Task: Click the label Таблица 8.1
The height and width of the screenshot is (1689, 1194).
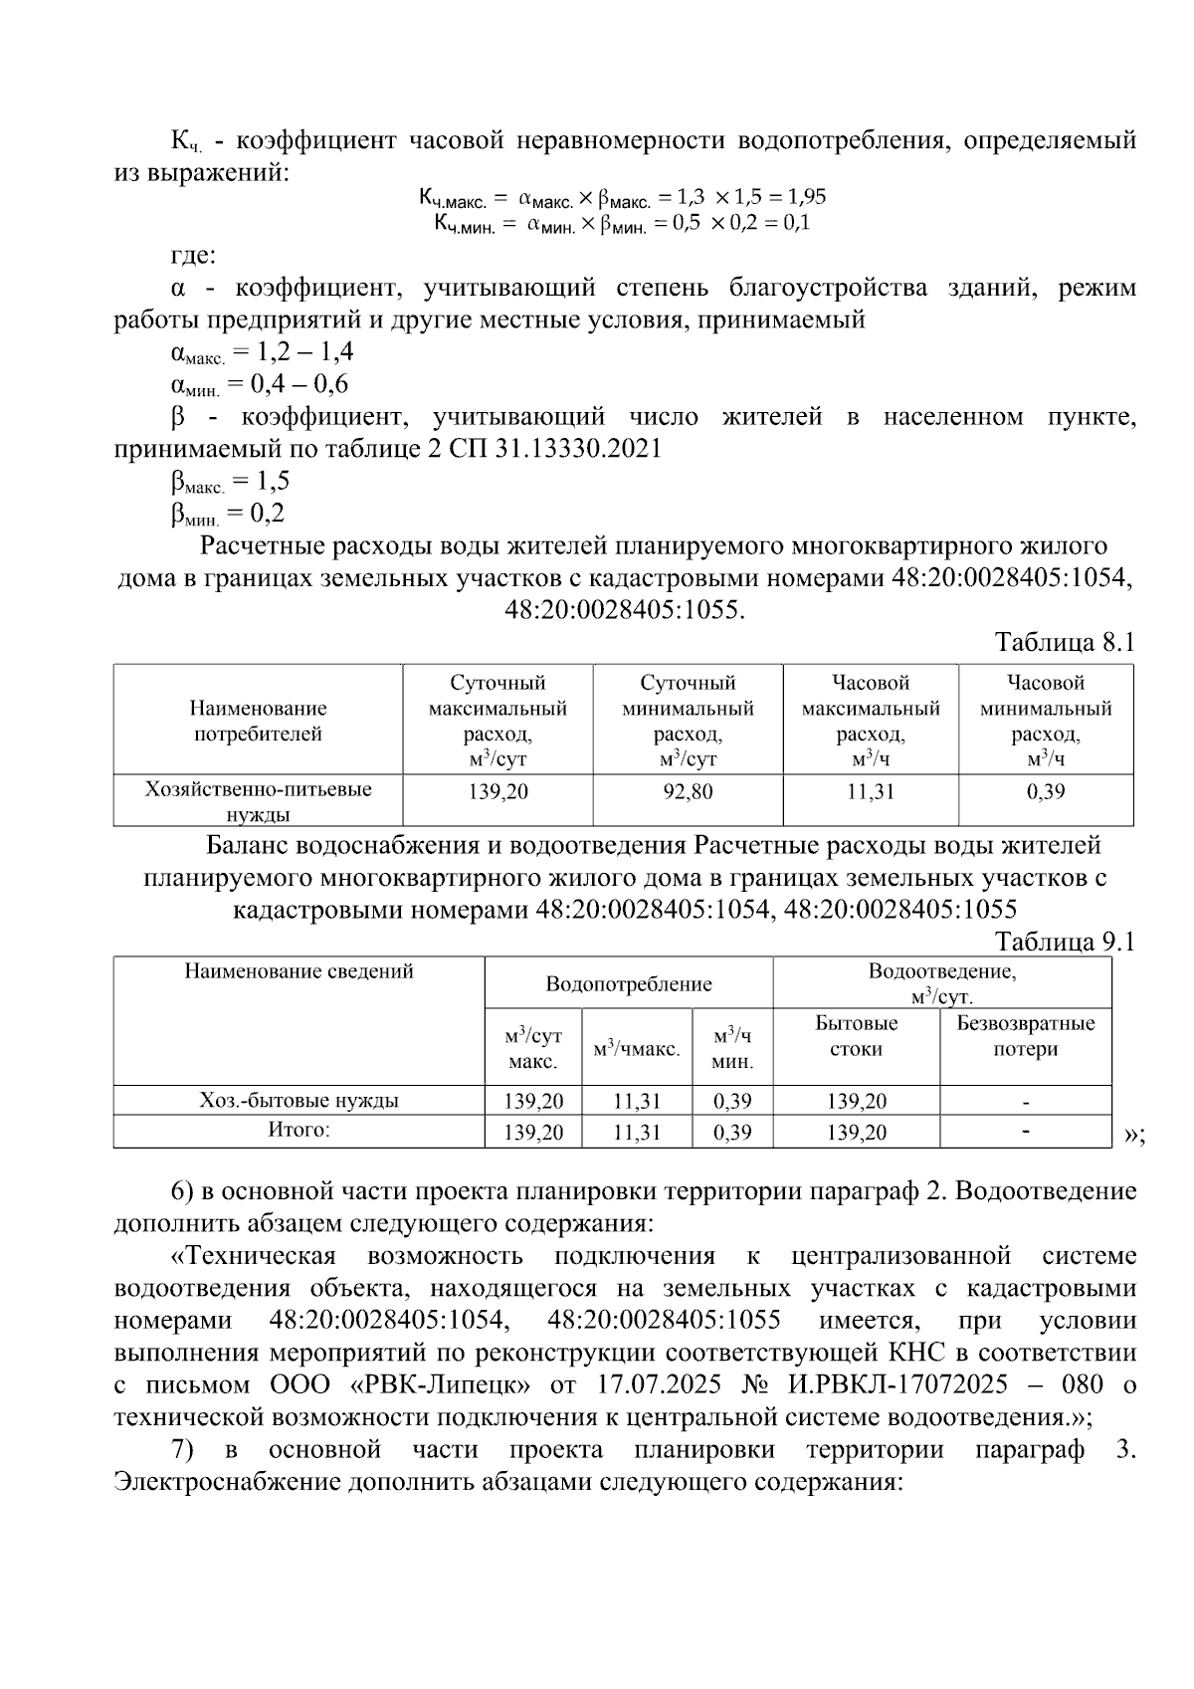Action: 1065,643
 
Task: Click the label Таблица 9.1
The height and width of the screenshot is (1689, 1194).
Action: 1065,942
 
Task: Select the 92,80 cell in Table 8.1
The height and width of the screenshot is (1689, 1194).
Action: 688,792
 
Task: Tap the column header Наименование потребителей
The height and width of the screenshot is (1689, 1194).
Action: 258,722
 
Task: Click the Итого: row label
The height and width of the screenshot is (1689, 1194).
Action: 298,1130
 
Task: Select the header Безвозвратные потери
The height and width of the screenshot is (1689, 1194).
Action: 1025,1036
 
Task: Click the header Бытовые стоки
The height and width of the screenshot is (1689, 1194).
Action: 856,1036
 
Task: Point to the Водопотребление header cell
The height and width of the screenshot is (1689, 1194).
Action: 629,984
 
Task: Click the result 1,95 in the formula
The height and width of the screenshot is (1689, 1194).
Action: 807,196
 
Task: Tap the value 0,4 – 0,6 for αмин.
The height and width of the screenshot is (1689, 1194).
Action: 289,384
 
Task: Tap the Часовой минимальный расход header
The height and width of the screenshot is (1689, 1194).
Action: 1045,722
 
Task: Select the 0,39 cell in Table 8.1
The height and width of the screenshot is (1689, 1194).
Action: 1045,792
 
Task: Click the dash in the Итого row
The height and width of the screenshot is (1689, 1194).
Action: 1025,1132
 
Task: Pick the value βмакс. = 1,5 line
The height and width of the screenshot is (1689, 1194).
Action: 230,482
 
